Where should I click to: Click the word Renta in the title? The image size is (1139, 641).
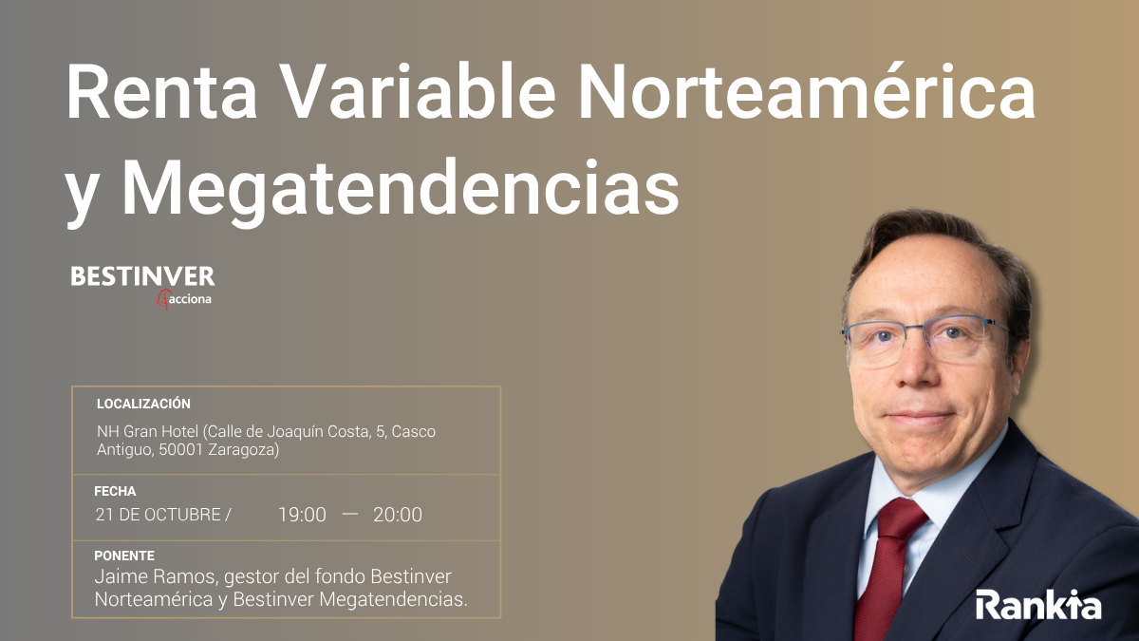coord(161,92)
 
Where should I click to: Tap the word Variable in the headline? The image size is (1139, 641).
coord(417,90)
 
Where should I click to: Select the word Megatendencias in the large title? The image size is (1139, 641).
coord(400,189)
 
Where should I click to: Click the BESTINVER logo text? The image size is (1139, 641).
coord(142,276)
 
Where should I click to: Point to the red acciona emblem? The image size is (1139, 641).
coord(163,299)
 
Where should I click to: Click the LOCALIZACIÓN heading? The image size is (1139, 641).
coord(143,404)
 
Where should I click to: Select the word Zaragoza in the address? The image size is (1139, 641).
coord(244,450)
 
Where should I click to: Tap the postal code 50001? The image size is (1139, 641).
coord(181,450)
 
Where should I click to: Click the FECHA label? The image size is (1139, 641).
coord(115,491)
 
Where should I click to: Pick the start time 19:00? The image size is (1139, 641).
coord(302,515)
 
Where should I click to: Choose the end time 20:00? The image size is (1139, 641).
coord(398,515)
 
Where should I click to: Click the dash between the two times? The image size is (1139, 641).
coord(350,514)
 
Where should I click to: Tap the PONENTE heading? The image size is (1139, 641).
coord(124,556)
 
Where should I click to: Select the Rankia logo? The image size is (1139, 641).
coord(1038,604)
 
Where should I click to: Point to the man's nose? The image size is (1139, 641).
coord(915,368)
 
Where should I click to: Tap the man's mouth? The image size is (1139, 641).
coord(920,418)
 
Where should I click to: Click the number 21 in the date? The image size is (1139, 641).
coord(104,515)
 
